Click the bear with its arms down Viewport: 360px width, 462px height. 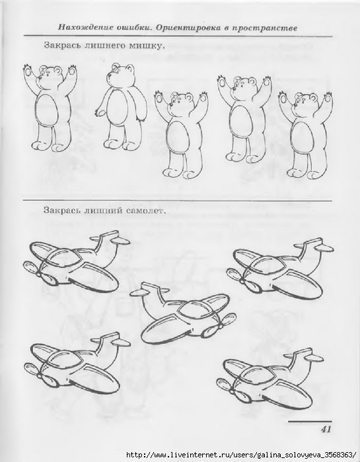point(121,106)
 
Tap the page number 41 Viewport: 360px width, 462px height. point(326,429)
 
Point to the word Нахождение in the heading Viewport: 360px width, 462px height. point(85,28)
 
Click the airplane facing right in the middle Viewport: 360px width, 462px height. point(183,312)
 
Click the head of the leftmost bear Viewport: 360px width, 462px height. point(50,75)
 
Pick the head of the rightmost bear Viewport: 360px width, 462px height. point(305,102)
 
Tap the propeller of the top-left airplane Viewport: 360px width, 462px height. point(38,272)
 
